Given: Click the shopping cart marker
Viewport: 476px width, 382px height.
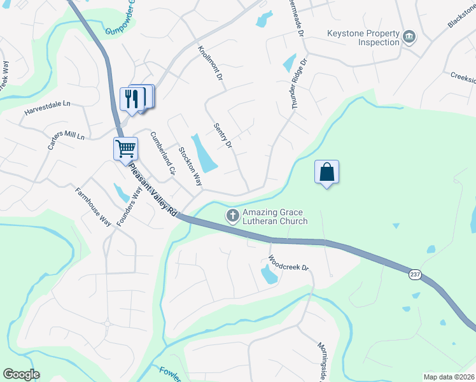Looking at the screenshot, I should (x=125, y=149).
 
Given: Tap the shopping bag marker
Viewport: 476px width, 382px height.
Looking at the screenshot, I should (x=326, y=172).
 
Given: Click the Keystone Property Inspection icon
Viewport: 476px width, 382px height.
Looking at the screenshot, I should (x=409, y=38).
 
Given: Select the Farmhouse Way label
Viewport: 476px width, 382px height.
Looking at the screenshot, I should (x=93, y=208).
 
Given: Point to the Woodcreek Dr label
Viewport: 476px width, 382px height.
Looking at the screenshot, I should (x=288, y=263).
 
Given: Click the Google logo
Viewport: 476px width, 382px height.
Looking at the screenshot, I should (x=21, y=374).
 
